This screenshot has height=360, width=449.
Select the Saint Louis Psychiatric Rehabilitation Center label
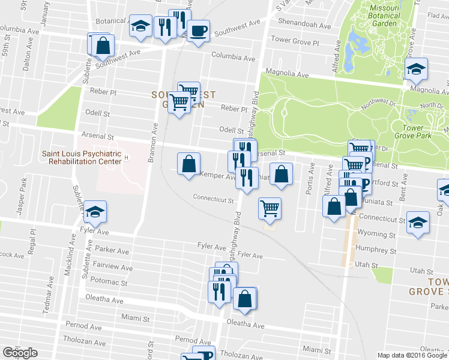click(x=81, y=157)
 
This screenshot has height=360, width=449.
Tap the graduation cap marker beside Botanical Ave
click(x=140, y=26)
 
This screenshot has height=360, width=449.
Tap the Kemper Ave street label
click(x=221, y=177)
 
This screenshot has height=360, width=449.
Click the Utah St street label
click(x=370, y=265)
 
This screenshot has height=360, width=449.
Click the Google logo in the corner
click(x=20, y=353)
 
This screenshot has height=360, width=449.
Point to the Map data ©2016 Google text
click(x=412, y=355)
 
